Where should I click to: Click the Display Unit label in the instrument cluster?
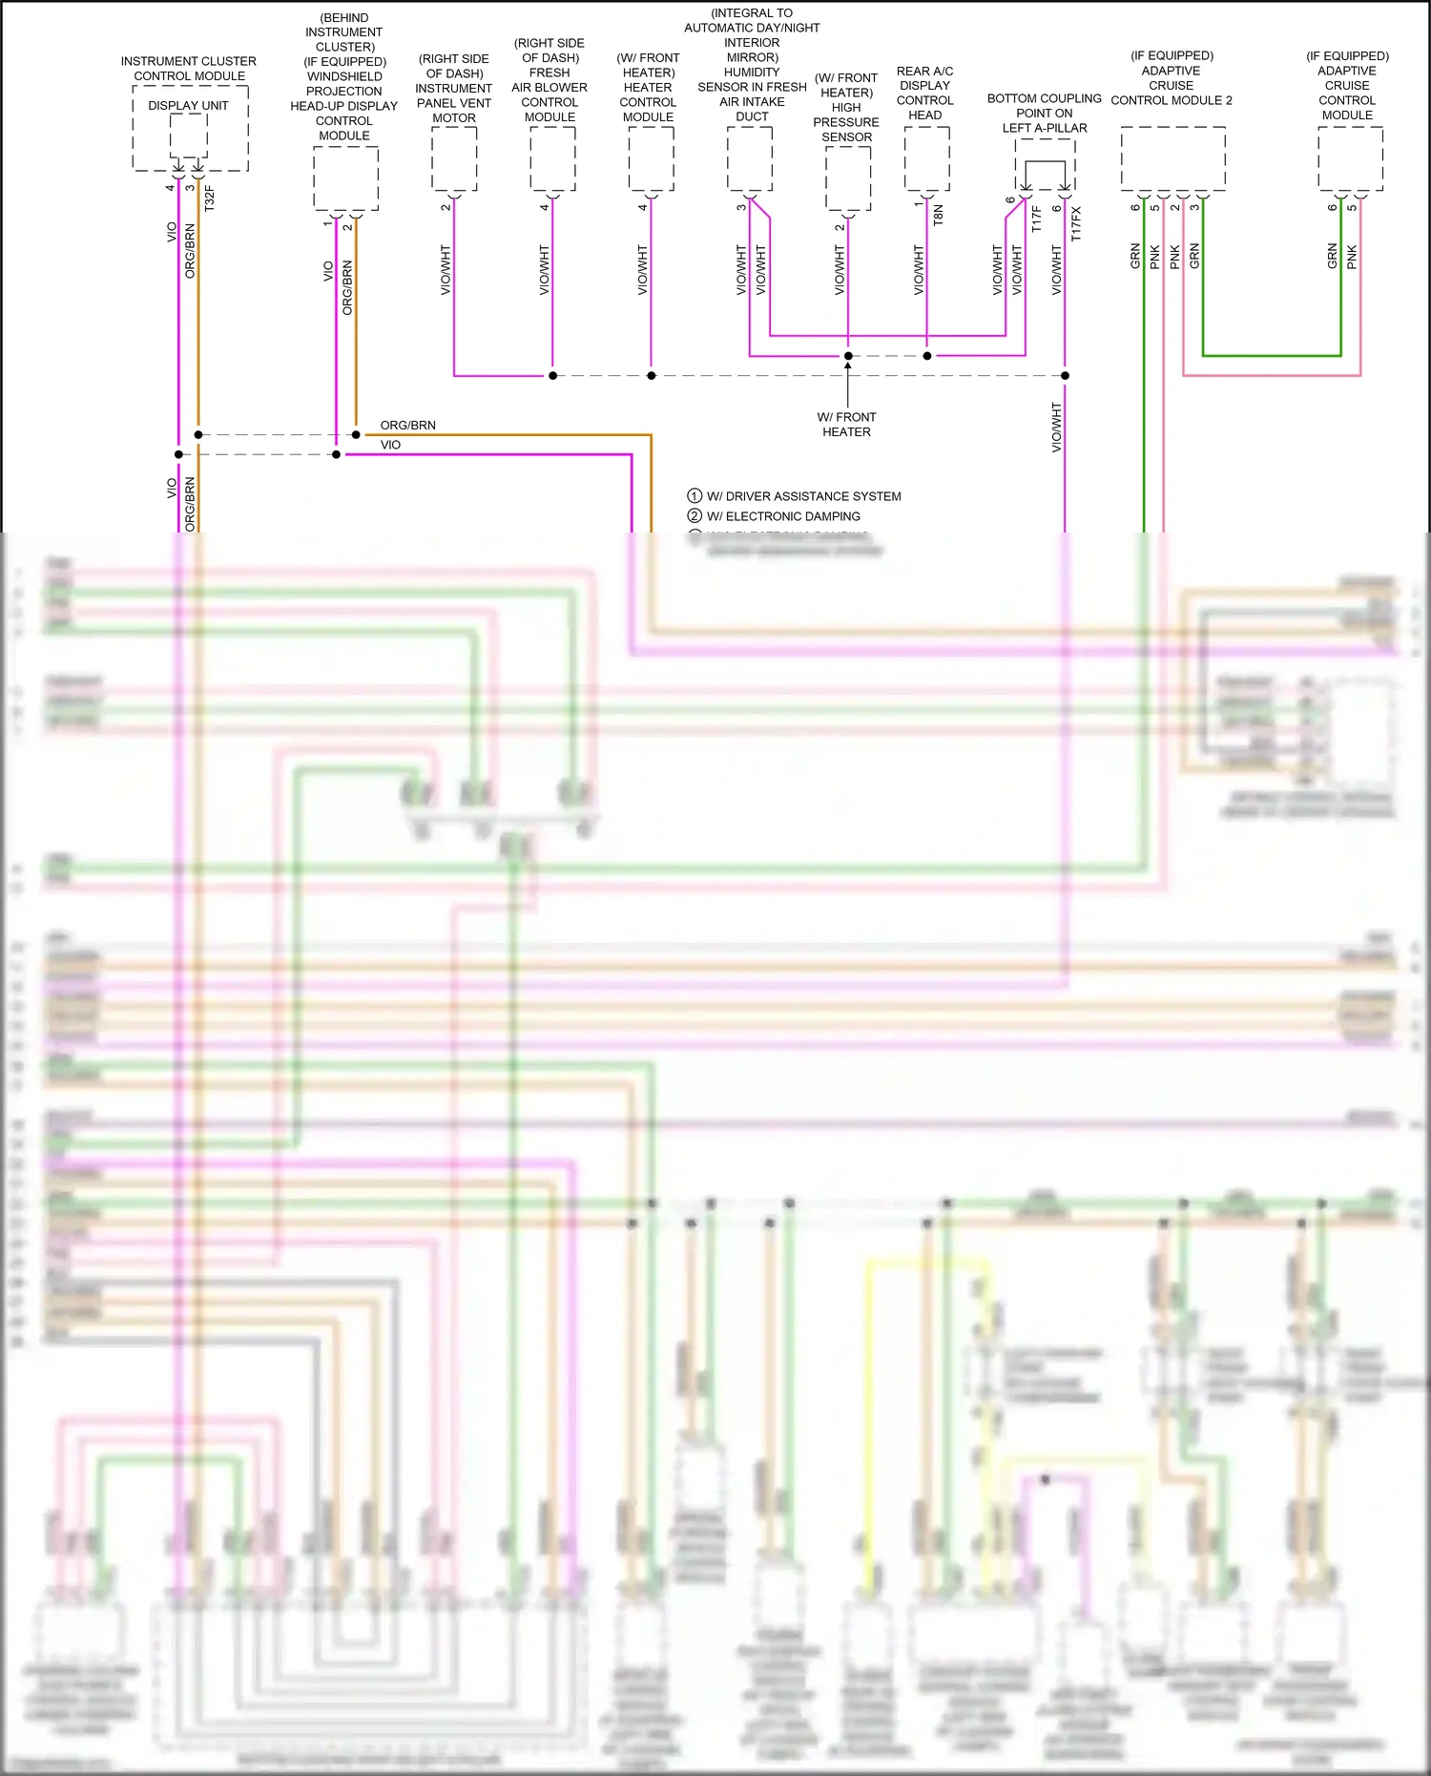[188, 105]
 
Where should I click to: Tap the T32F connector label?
[210, 198]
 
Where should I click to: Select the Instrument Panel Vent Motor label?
[453, 89]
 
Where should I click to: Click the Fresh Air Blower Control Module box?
[552, 158]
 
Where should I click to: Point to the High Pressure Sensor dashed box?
[848, 178]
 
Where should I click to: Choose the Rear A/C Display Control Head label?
[924, 93]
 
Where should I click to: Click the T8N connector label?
[938, 214]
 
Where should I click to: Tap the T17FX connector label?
[1076, 223]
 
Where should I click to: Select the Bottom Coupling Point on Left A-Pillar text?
[1044, 113]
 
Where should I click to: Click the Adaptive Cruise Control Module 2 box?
[1172, 158]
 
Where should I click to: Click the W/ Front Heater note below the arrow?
[846, 425]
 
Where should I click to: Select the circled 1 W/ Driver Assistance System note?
[794, 496]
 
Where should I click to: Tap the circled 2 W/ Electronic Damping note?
[774, 516]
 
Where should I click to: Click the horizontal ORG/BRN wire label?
[407, 425]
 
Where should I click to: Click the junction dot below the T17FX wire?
[1065, 375]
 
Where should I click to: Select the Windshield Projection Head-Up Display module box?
[345, 178]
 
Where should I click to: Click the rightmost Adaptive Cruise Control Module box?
[1350, 158]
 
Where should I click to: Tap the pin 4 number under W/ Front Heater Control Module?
[642, 207]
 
